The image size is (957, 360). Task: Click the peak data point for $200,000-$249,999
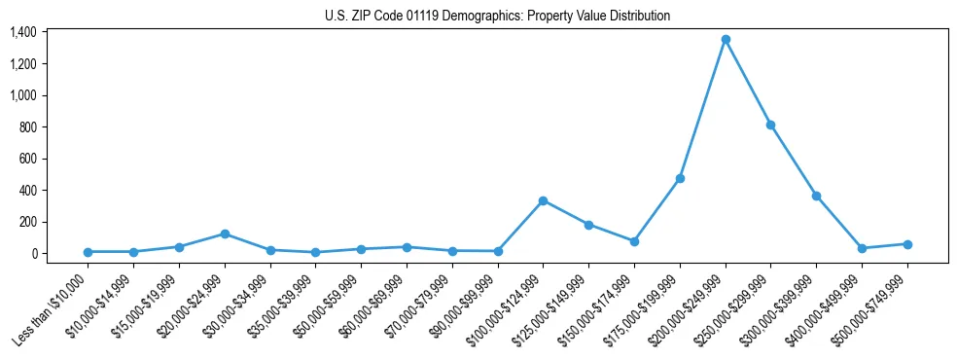click(726, 40)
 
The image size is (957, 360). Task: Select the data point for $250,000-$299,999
click(770, 125)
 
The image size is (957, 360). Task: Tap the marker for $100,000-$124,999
click(543, 200)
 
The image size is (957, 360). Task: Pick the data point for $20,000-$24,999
click(225, 234)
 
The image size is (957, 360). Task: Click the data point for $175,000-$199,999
click(680, 178)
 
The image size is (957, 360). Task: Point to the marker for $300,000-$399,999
click(816, 196)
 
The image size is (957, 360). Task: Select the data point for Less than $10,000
click(88, 252)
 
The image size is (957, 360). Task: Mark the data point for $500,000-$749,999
click(907, 244)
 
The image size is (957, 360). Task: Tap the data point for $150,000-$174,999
click(634, 241)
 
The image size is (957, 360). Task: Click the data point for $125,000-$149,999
click(588, 225)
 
